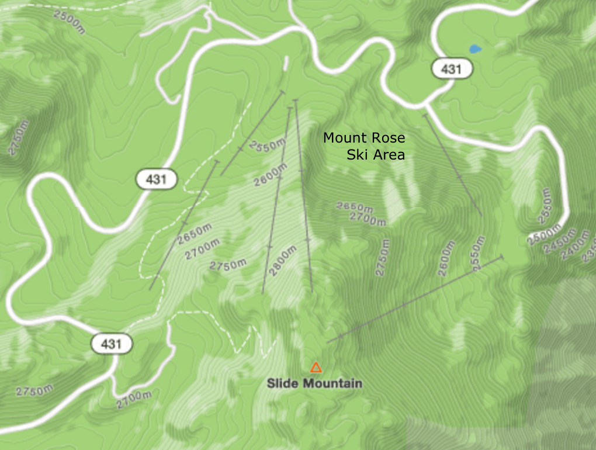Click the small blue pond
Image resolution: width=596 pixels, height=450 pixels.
pos(474,49)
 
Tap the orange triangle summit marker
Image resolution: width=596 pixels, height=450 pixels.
pos(316,368)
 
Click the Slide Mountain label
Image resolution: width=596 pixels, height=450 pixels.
pos(314,383)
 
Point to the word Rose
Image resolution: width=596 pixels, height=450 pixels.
pos(386,138)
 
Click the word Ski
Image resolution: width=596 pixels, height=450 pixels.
pos(357,155)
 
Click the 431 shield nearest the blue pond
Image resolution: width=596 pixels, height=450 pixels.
pos(452,69)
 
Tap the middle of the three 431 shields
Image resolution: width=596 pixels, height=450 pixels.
pos(157,179)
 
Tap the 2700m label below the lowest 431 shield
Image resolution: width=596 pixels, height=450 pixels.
pos(133,400)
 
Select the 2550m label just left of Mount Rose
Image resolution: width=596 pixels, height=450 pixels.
pos(267,146)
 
